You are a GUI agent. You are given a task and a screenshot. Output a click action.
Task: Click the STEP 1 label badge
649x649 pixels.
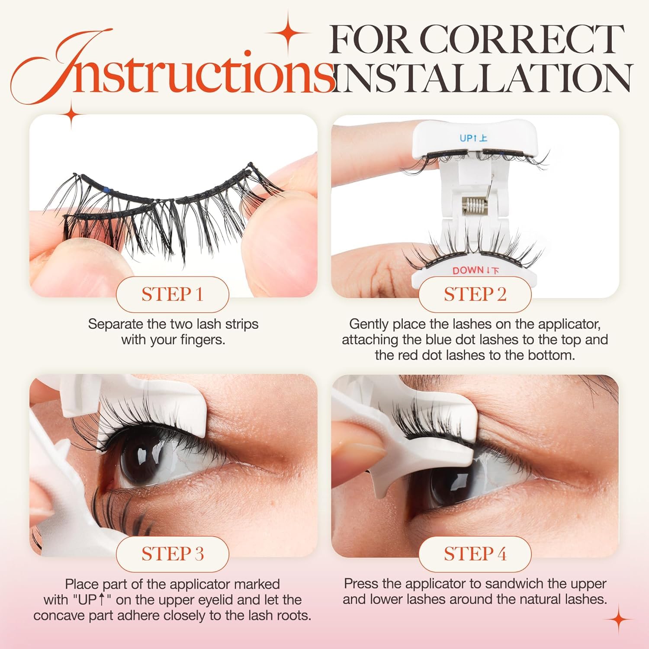(x=172, y=295)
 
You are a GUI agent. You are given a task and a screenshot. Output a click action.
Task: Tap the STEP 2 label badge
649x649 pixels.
(x=475, y=295)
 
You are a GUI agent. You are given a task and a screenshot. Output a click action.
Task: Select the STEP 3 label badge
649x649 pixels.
(x=172, y=554)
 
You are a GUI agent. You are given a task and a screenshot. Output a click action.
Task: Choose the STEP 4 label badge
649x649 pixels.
(x=475, y=554)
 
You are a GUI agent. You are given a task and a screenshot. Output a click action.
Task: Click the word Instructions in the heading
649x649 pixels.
(x=173, y=69)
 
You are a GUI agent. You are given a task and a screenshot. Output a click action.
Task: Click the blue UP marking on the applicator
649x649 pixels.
(x=473, y=138)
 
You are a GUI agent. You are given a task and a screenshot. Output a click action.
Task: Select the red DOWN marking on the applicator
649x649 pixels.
(x=476, y=271)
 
